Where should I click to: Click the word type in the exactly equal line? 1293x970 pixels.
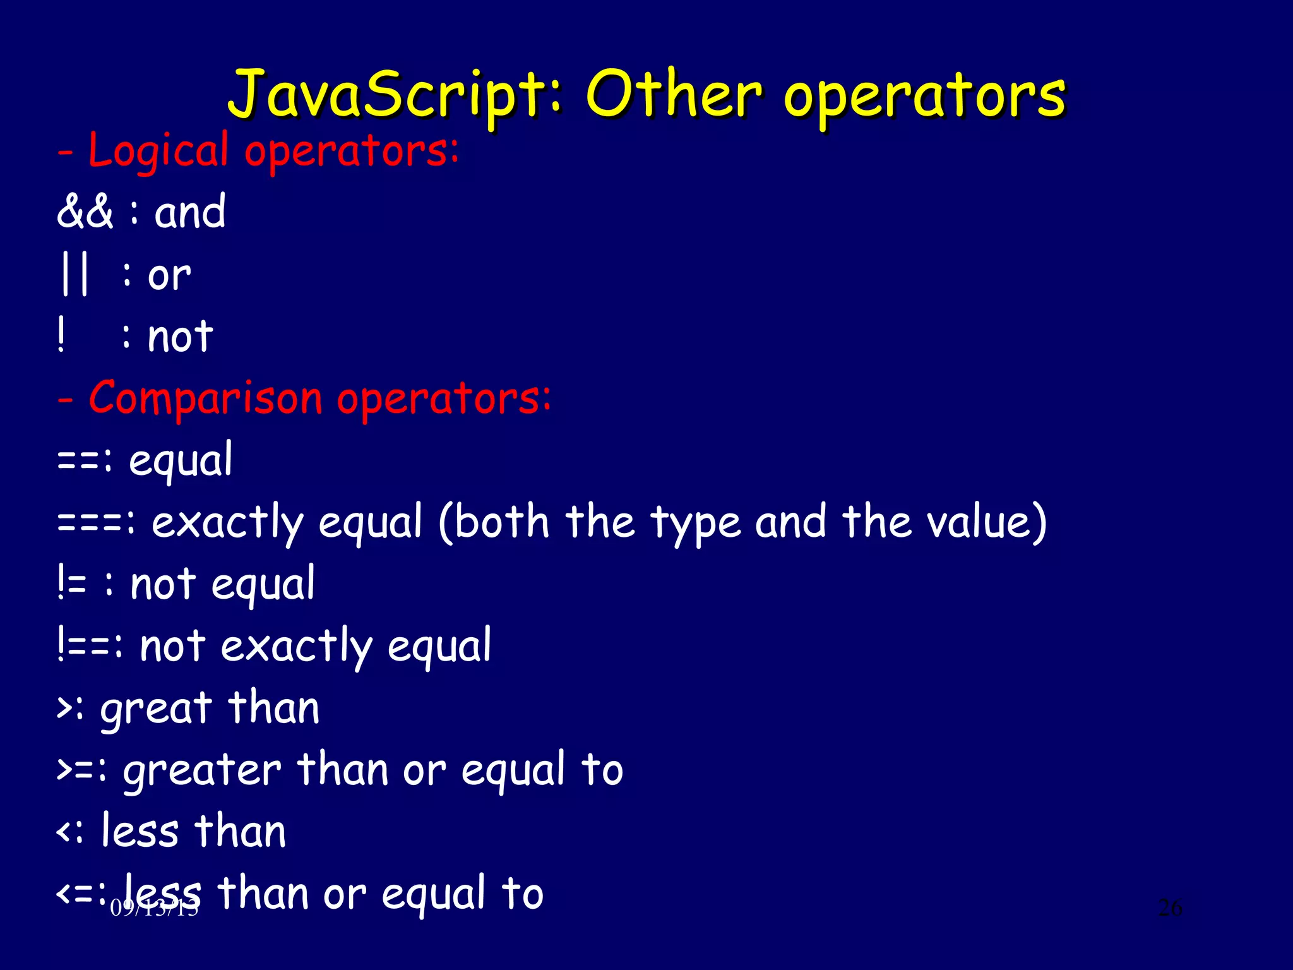pyautogui.click(x=696, y=524)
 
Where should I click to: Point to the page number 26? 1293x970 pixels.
pyautogui.click(x=1170, y=907)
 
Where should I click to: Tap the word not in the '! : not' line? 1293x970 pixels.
pyautogui.click(x=180, y=337)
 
